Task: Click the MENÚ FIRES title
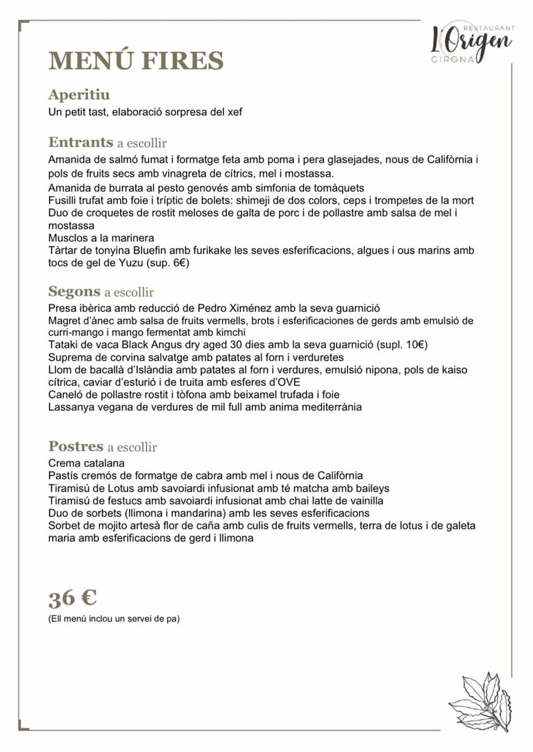coord(136,61)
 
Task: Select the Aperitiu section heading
coord(79,95)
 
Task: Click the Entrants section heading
coord(81,143)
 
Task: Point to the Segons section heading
coord(75,291)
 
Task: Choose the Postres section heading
coord(76,446)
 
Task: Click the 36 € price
coord(72,597)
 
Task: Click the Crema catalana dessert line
coord(87,463)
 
